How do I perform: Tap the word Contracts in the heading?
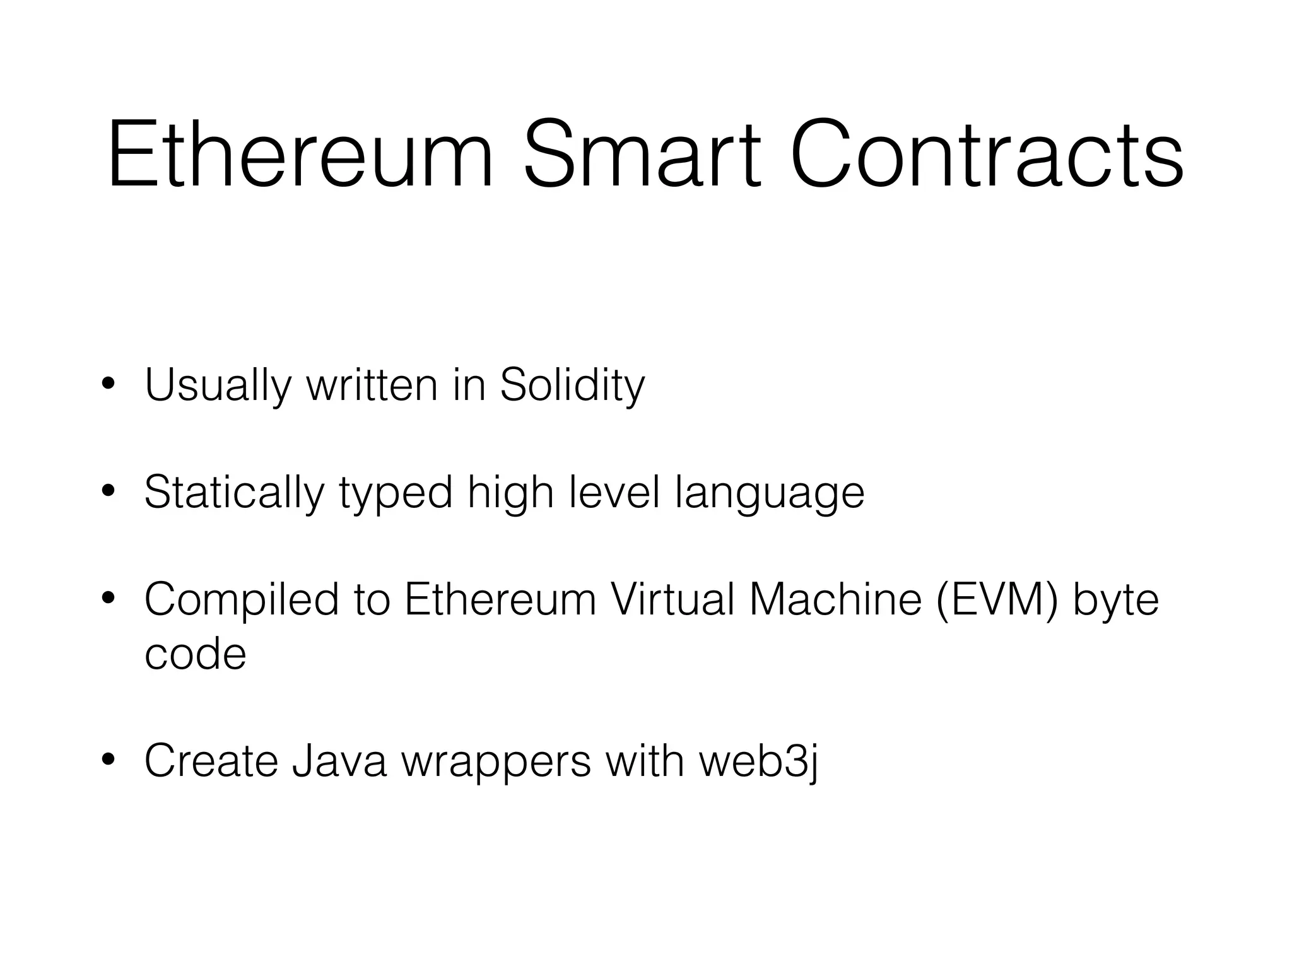tap(987, 155)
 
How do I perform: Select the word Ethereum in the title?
tap(300, 155)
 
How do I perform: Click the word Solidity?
tap(572, 385)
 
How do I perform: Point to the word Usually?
tap(218, 385)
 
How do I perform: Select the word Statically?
tap(233, 493)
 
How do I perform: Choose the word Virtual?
tap(673, 599)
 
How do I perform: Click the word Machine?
tap(835, 599)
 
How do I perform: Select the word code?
tap(195, 654)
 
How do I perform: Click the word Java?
tap(339, 761)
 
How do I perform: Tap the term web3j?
tap(758, 761)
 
